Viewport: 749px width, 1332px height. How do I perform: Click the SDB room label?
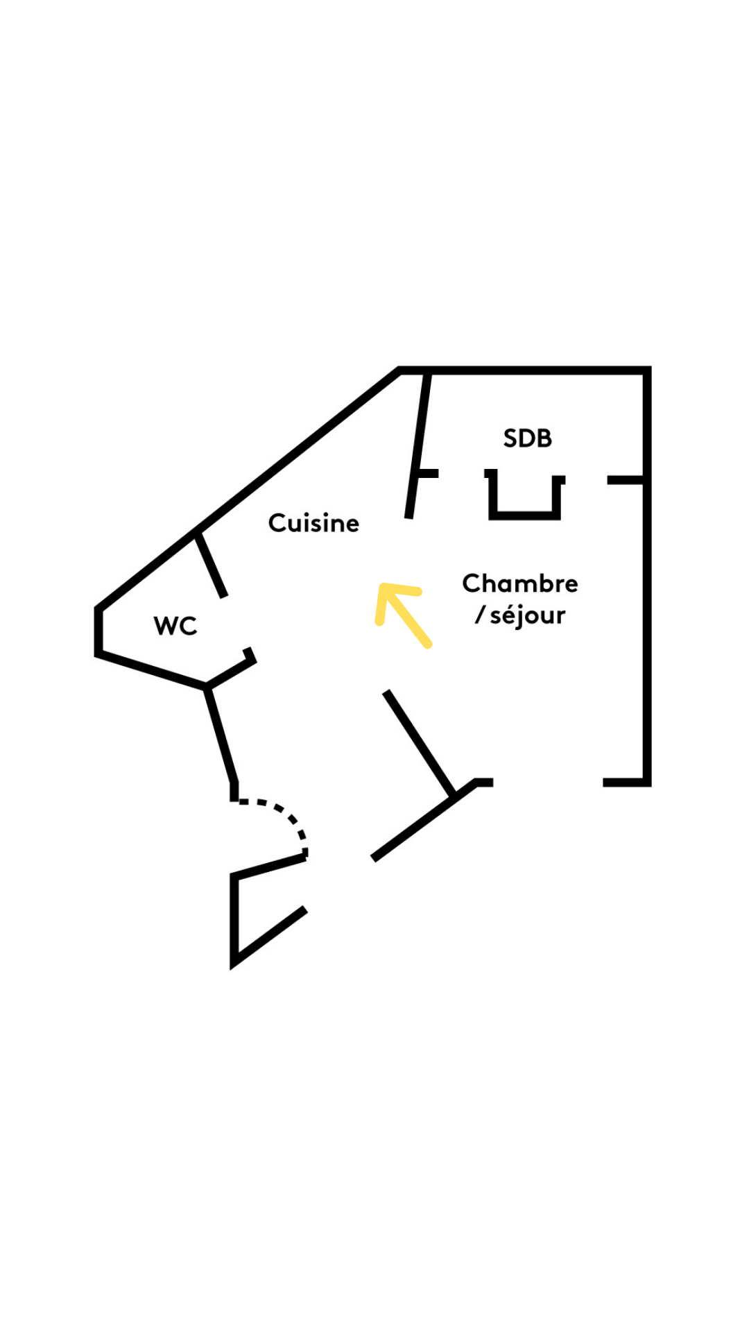pos(527,438)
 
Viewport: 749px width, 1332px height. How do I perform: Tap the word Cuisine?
pos(313,523)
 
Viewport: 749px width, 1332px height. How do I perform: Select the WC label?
pos(175,626)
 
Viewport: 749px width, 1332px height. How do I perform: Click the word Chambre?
pos(519,583)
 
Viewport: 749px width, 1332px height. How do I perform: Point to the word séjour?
pos(528,615)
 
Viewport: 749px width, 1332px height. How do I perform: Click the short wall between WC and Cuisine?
pos(211,565)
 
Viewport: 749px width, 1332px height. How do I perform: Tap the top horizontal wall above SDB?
pos(527,370)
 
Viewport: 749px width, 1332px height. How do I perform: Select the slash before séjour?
pos(479,615)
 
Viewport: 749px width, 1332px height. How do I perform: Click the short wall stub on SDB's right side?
pos(626,480)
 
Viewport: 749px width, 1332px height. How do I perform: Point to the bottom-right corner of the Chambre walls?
pos(646,782)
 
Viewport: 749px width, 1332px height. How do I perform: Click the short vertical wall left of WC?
pos(98,631)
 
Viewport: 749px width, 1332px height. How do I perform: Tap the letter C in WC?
pos(188,626)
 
